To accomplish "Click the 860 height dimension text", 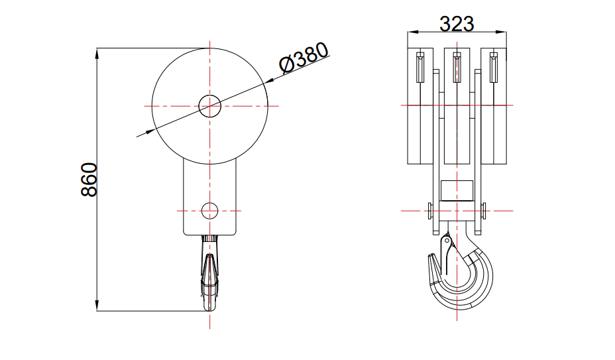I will [x=89, y=180].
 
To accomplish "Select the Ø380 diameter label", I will [x=304, y=59].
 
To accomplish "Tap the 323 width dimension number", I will [x=457, y=24].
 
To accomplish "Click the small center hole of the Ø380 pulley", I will [x=209, y=105].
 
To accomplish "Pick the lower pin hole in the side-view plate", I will [x=209, y=210].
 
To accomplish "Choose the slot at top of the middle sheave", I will [x=457, y=67].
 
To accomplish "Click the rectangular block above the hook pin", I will [x=457, y=191].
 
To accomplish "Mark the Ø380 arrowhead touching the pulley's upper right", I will [x=268, y=82].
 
